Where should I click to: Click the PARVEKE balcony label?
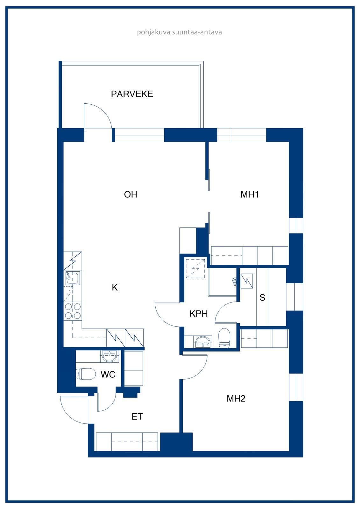[132, 94]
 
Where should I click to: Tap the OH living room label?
[131, 194]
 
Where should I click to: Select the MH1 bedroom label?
[250, 194]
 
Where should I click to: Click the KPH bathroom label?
[199, 314]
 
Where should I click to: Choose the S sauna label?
[262, 298]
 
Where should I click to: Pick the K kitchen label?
[115, 288]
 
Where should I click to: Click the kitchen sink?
[73, 278]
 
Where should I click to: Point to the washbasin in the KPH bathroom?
[203, 342]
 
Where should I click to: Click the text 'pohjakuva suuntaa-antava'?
[180, 32]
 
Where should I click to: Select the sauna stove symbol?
[247, 281]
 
